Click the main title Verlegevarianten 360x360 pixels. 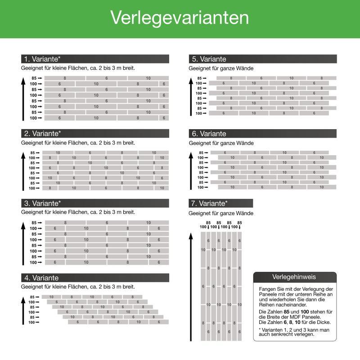point(180,18)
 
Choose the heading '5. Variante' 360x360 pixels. point(209,59)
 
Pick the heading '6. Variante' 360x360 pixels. point(209,134)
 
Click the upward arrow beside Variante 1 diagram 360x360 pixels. point(23,99)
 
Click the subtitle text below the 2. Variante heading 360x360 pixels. point(78,143)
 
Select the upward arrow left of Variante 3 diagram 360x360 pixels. point(23,243)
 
